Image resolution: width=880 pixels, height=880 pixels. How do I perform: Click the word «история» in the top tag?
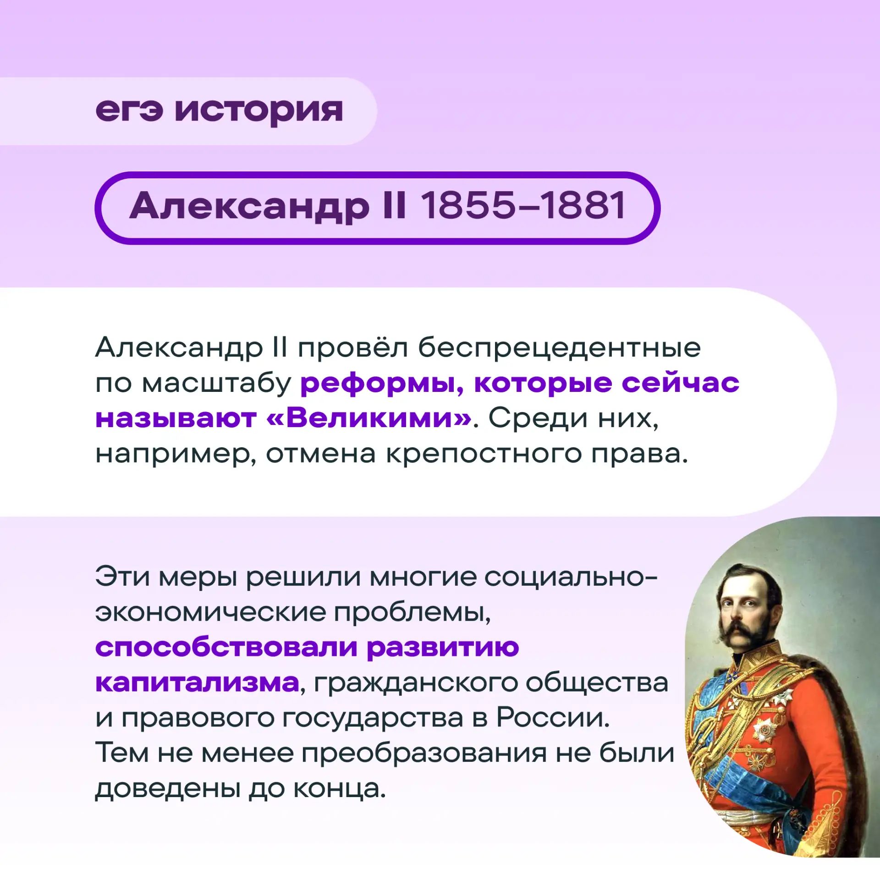[258, 111]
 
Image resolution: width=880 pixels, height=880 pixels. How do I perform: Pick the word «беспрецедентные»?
[559, 348]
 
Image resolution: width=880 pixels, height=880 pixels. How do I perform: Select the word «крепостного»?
[484, 454]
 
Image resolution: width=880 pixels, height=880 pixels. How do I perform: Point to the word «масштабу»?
[216, 384]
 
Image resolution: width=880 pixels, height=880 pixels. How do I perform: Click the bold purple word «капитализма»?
[197, 683]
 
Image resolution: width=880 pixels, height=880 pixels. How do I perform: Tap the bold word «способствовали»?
[226, 647]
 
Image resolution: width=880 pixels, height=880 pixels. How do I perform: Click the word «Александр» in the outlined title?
[249, 206]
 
